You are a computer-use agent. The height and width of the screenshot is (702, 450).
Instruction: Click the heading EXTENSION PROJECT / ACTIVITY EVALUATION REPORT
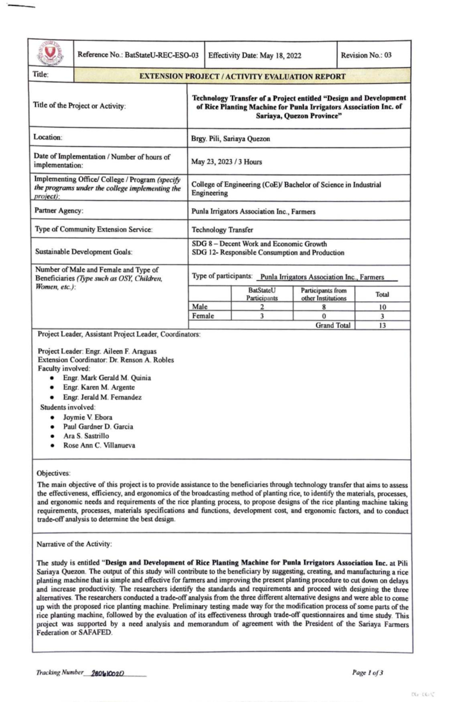click(242, 77)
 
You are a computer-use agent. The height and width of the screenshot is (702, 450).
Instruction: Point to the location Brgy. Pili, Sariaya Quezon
click(230, 139)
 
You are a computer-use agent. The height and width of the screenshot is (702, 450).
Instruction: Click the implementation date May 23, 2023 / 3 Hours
click(226, 162)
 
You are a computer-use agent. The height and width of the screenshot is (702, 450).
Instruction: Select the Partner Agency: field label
click(59, 211)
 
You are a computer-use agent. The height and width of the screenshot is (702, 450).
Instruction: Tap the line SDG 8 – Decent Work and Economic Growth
click(259, 244)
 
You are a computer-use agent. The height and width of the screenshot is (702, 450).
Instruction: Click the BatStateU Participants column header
click(262, 294)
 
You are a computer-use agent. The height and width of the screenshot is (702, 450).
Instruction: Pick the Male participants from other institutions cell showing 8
click(324, 307)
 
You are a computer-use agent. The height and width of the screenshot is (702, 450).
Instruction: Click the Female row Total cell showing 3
click(382, 316)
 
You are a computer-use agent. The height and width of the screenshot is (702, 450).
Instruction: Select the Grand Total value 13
click(382, 325)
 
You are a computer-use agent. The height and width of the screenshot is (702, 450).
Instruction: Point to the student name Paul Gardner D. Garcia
click(98, 427)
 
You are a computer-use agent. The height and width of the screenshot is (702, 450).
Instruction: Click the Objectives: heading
click(53, 473)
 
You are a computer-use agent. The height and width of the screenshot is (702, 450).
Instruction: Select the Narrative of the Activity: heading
click(74, 544)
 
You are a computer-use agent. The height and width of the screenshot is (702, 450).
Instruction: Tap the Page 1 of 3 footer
click(367, 673)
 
